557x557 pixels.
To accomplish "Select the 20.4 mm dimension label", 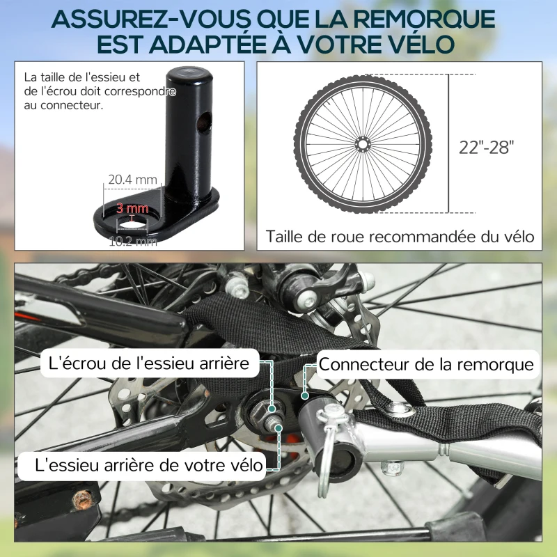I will point(132,179).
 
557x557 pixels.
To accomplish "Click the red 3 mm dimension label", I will point(132,208).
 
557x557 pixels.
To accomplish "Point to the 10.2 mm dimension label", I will point(132,242).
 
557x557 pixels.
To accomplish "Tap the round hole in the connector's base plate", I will point(132,220).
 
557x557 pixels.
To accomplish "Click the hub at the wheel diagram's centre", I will point(361,144).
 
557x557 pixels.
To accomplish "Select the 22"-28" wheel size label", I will point(487,147).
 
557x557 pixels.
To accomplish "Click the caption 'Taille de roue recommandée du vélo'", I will point(400,237).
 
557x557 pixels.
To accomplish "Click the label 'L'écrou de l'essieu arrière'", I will point(148,364).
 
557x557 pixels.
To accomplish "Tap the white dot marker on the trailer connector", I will point(304,395).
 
